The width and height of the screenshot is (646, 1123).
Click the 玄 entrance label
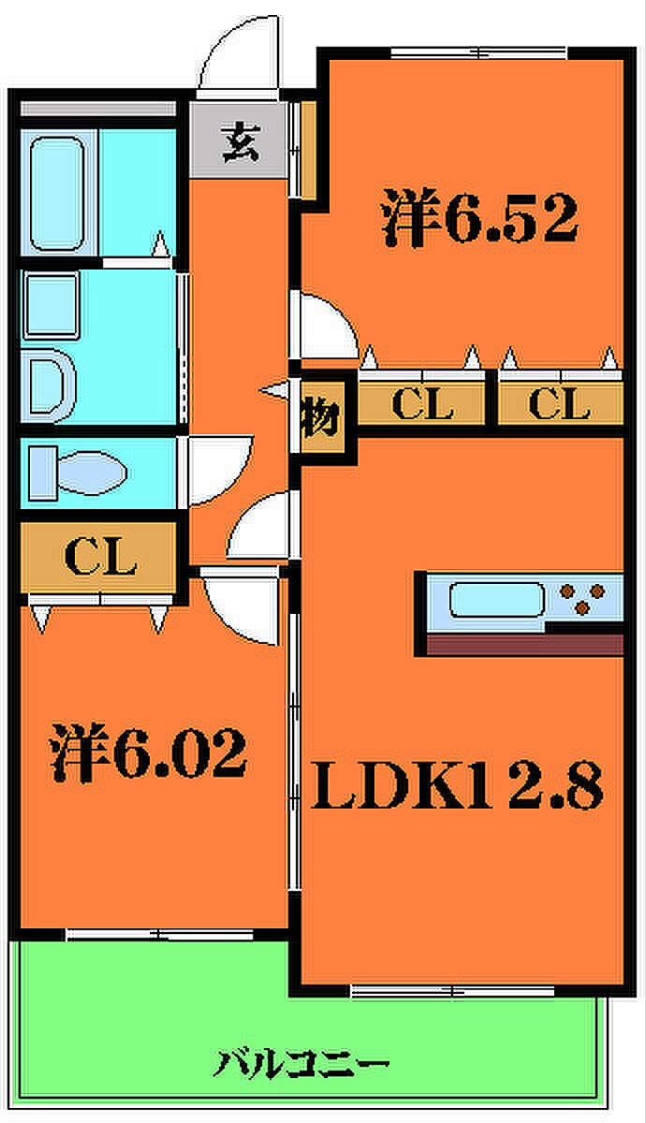coord(240,143)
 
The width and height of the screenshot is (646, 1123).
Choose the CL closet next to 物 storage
coord(422,404)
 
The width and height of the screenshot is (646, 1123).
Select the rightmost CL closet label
coord(559,404)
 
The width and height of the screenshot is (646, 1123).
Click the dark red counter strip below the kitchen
coord(524,644)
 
